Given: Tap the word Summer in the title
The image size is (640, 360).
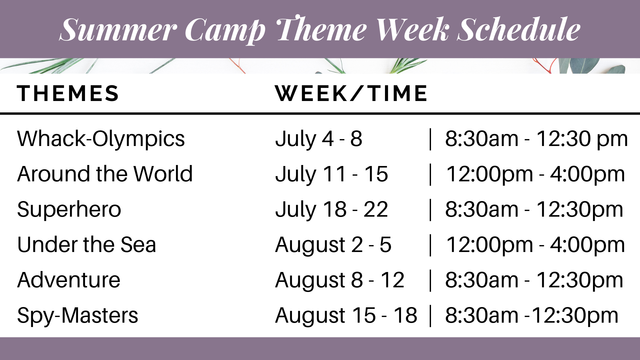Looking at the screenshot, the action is (x=118, y=30).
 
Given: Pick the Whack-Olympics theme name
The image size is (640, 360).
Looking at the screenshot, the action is (x=101, y=139).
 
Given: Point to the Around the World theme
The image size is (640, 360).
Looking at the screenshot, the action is (x=105, y=174).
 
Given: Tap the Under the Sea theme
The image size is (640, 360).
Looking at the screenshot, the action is (x=87, y=245).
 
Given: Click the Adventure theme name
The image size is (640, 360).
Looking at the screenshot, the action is (x=69, y=280).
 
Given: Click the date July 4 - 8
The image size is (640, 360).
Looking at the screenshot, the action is (x=319, y=139).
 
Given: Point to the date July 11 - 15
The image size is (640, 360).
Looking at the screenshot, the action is (x=332, y=174).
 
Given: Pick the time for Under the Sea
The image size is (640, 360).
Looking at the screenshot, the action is (x=535, y=245).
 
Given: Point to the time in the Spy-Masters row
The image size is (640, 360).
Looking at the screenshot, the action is (x=532, y=316).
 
